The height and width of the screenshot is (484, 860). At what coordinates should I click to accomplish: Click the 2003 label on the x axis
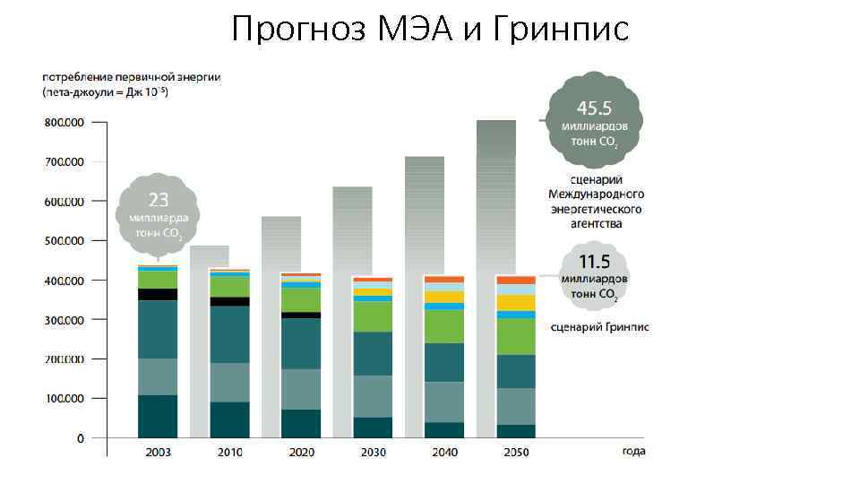[x=159, y=452]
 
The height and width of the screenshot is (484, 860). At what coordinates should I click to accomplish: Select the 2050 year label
[x=515, y=452]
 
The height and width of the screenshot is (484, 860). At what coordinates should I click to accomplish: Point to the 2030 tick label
[x=372, y=452]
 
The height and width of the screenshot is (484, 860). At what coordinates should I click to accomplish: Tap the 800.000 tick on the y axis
[x=63, y=123]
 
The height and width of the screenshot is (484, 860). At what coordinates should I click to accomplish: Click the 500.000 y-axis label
[x=63, y=241]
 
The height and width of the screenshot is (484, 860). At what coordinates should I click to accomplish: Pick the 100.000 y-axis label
[x=63, y=398]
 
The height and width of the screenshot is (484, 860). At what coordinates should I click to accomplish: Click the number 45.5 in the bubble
[x=594, y=108]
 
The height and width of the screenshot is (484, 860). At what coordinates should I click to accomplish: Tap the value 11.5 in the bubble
[x=594, y=262]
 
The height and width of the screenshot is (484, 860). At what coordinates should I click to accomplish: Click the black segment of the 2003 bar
[x=158, y=294]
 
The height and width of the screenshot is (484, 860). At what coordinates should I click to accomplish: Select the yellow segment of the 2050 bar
[x=515, y=303]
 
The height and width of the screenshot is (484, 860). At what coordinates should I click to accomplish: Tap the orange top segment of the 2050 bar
[x=515, y=281]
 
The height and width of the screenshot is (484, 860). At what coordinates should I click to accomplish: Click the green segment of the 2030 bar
[x=372, y=316]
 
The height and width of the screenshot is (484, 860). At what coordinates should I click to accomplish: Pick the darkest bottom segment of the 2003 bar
[x=158, y=416]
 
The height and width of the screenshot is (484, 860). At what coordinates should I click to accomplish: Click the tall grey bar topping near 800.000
[x=496, y=197]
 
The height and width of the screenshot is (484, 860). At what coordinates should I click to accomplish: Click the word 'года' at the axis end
[x=634, y=452]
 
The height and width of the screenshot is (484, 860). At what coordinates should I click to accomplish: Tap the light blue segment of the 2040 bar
[x=443, y=307]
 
